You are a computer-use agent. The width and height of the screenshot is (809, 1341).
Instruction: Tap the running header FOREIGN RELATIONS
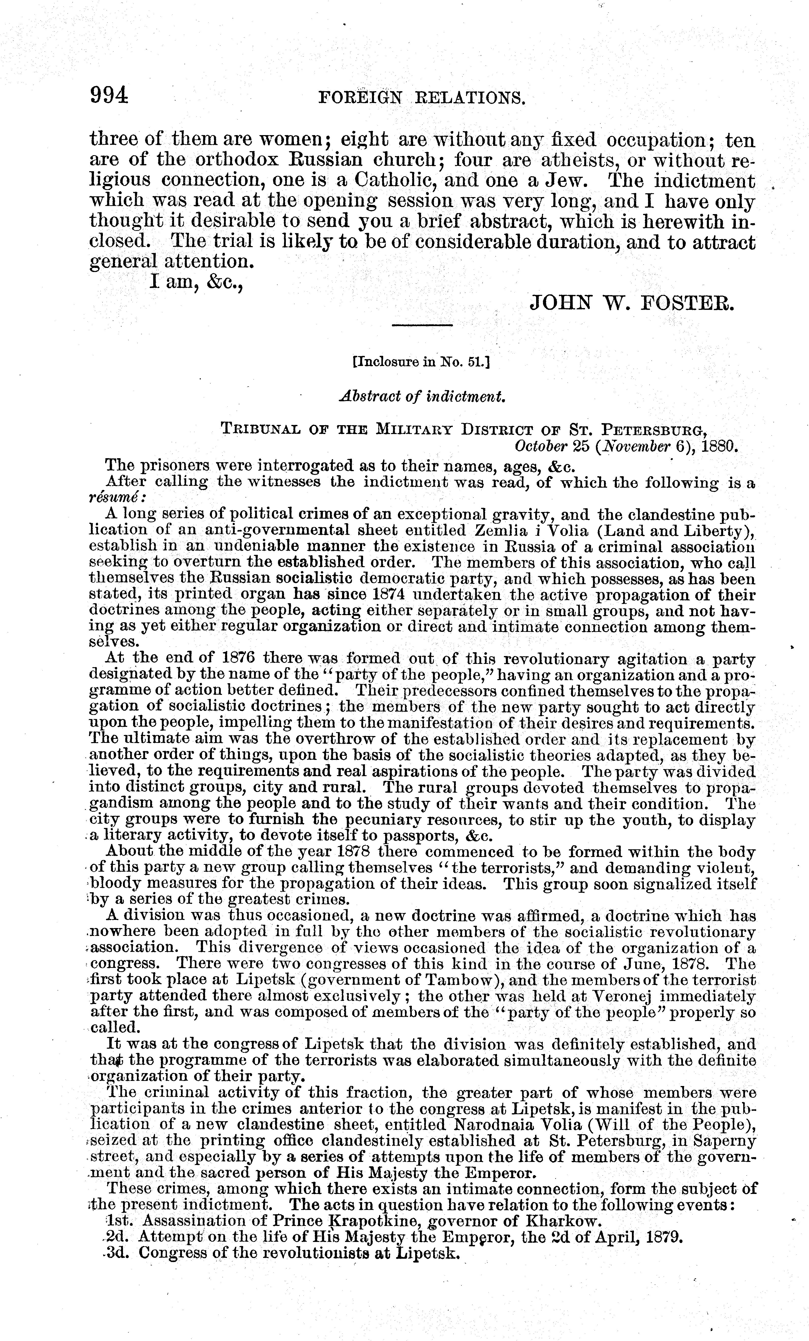pos(422,98)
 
